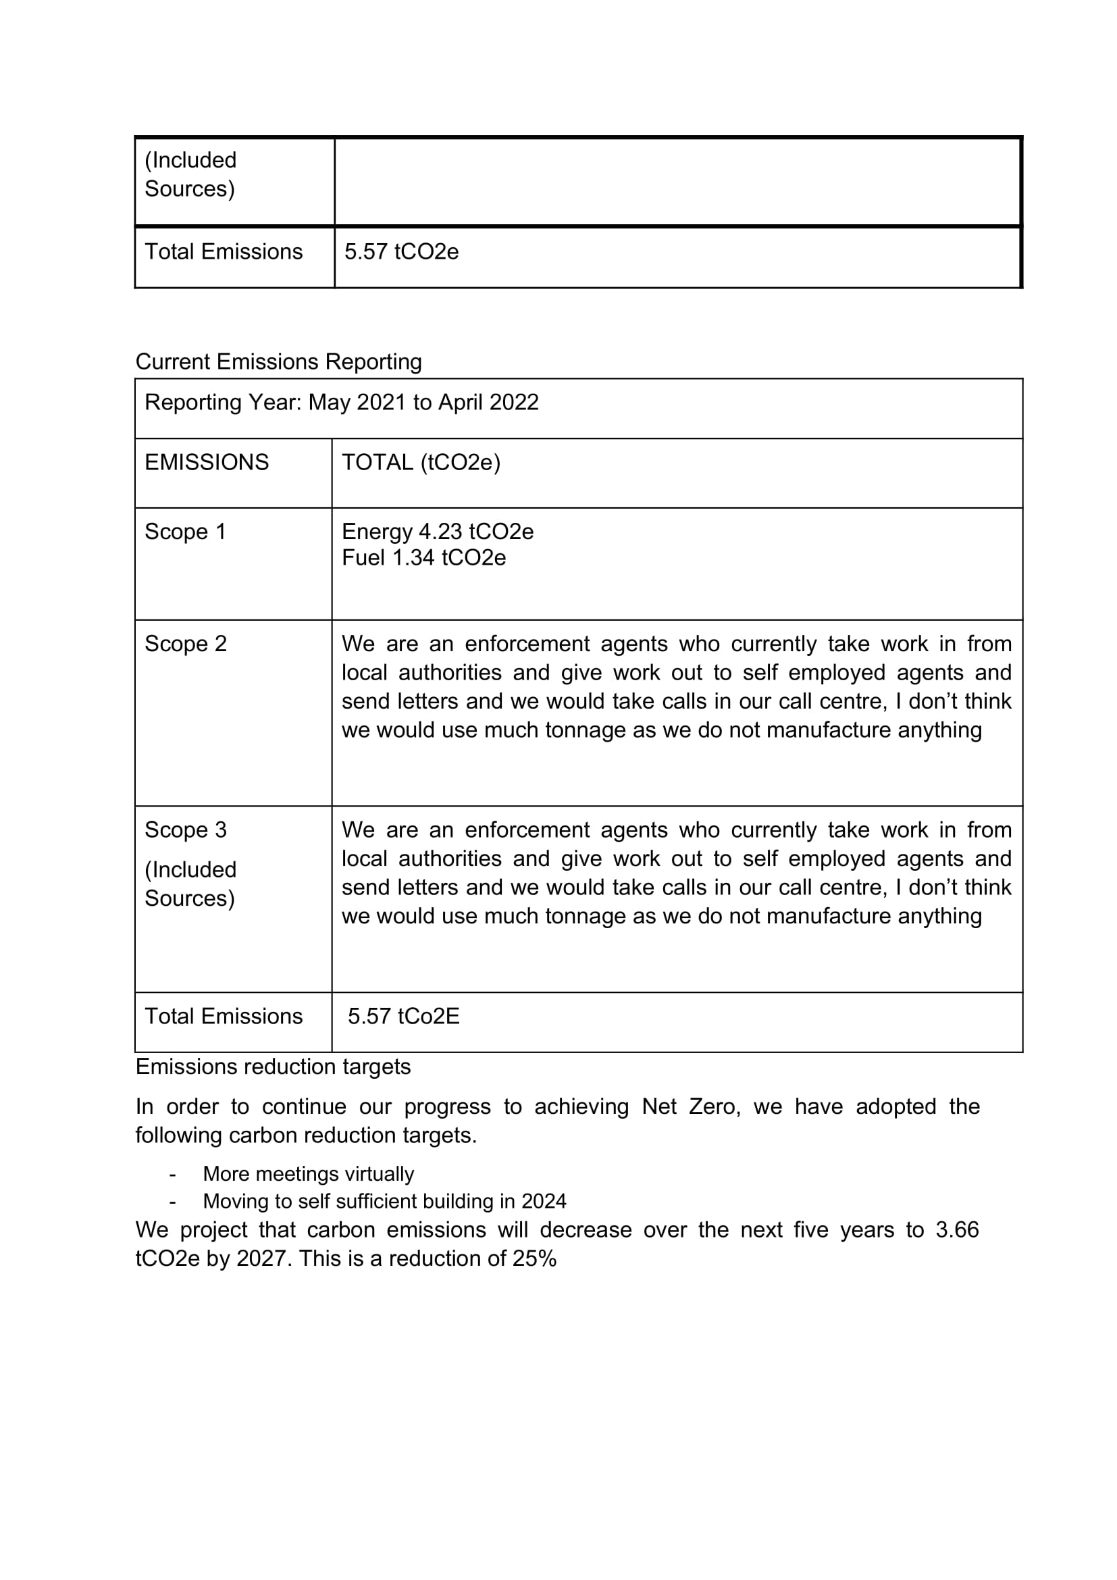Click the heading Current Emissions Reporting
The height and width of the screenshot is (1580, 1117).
pos(278,362)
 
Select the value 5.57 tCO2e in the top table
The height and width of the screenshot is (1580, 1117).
pos(401,252)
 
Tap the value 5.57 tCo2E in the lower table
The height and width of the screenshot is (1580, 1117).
pos(403,1017)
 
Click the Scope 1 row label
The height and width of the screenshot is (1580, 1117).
pos(185,532)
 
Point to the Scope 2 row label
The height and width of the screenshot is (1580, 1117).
pos(185,644)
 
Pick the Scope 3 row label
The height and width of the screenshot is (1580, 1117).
pos(185,831)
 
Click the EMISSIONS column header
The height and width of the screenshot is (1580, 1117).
pos(207,463)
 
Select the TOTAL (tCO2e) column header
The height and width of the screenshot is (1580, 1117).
pos(421,463)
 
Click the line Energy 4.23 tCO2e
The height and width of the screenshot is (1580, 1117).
pos(438,532)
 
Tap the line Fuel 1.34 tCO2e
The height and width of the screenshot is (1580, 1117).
pos(423,558)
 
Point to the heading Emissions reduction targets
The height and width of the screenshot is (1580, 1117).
pos(273,1067)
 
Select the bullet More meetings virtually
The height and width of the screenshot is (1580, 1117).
pos(308,1175)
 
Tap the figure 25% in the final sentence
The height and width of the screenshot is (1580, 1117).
pos(534,1258)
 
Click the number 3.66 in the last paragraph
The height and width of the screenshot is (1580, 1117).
pos(957,1230)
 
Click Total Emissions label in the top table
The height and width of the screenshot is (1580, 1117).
pos(224,252)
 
